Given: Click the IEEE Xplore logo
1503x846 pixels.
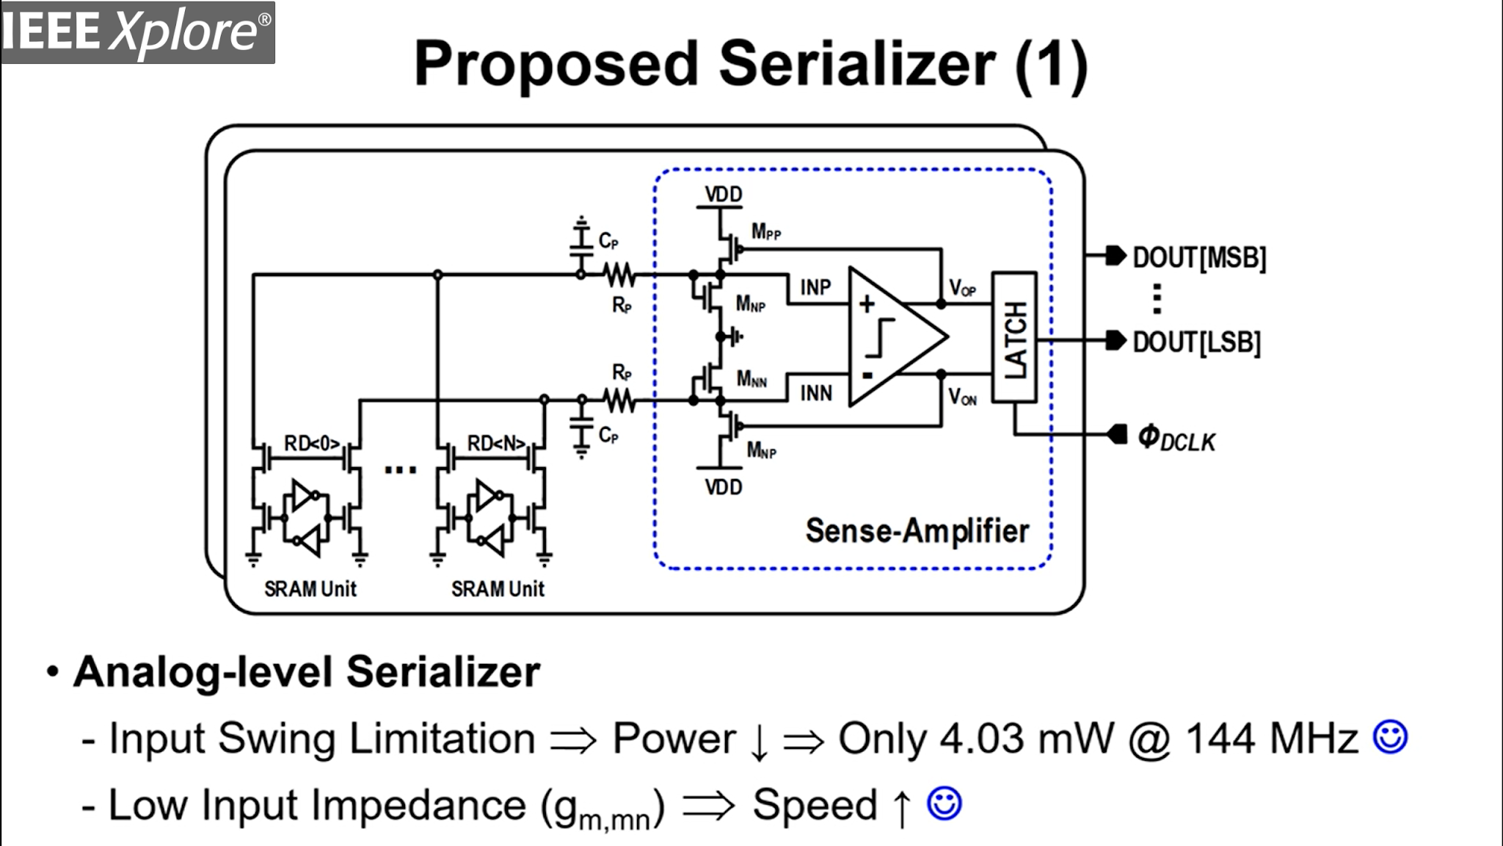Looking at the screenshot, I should click(x=137, y=32).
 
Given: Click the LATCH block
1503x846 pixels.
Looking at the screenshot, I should click(x=1014, y=338).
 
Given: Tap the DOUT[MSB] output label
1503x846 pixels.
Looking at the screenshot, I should click(x=1199, y=258).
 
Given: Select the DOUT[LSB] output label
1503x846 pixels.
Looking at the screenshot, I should click(x=1196, y=343).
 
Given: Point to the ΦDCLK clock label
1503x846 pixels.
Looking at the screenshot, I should click(x=1176, y=438).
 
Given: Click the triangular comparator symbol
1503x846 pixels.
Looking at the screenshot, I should click(x=892, y=337).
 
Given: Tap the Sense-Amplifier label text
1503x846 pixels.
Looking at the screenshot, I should click(x=917, y=531).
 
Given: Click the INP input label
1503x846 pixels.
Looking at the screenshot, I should click(x=815, y=287).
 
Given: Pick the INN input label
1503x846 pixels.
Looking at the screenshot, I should click(x=816, y=394).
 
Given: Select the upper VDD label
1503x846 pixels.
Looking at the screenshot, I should click(x=724, y=195).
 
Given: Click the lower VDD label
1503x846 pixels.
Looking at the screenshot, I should click(x=724, y=487).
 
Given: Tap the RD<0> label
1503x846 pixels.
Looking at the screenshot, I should click(x=312, y=444).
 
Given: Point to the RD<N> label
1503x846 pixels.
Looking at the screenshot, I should click(x=496, y=444).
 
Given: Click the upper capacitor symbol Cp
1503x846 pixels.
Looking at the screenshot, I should click(x=581, y=239).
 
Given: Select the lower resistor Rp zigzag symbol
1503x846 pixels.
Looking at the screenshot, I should click(x=620, y=401).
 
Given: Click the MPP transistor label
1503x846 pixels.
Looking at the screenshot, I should click(x=765, y=233).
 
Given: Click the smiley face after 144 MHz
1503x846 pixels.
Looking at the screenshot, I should click(x=1390, y=737).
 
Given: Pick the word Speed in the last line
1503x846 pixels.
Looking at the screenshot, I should click(x=815, y=805).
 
